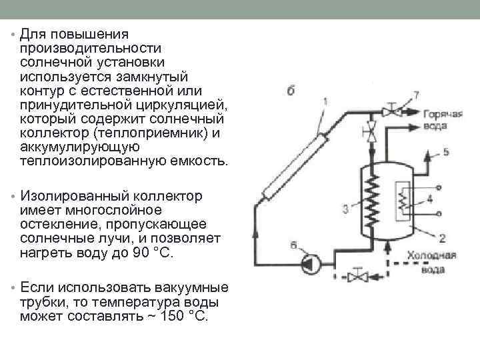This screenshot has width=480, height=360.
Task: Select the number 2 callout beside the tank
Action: [x=442, y=237]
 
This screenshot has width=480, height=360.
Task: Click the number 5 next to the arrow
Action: [x=446, y=152]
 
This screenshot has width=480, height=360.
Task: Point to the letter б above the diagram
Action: [x=291, y=91]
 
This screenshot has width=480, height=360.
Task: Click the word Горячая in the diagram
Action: [x=441, y=114]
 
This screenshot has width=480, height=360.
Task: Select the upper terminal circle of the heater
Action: [x=439, y=187]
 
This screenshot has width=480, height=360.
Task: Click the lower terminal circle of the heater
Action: [x=439, y=213]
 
